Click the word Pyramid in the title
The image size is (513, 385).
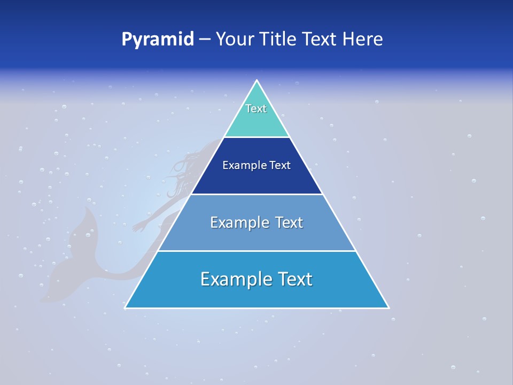click(158, 40)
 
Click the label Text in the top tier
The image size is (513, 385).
click(256, 109)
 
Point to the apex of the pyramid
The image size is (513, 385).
click(257, 81)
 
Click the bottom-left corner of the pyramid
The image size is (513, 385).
click(126, 307)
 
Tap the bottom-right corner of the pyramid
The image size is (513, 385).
click(388, 307)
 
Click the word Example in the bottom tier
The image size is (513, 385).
click(234, 279)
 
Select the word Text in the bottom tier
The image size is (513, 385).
click(294, 279)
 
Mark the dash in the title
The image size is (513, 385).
click(205, 40)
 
